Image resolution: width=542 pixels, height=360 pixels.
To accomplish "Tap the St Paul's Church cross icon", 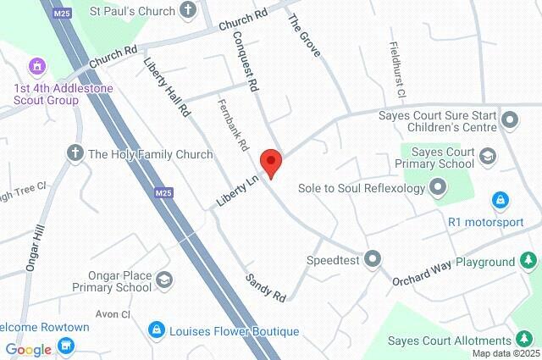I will click(x=188, y=11).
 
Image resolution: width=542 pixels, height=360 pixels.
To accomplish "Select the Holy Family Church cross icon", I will click(x=75, y=153).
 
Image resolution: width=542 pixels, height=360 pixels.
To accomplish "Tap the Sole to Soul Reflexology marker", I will click(x=438, y=186).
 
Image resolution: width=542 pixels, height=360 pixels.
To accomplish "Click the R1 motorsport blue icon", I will click(x=501, y=202).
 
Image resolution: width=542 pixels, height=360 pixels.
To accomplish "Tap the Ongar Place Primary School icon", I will click(x=164, y=280).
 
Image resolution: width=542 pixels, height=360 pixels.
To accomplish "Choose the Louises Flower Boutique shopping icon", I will click(x=156, y=330).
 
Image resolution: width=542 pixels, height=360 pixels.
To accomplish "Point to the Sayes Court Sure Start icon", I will click(x=510, y=119).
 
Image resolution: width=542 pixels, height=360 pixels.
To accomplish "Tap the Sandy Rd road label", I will click(x=267, y=287).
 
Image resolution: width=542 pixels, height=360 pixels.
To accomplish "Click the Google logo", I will click(x=28, y=349).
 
